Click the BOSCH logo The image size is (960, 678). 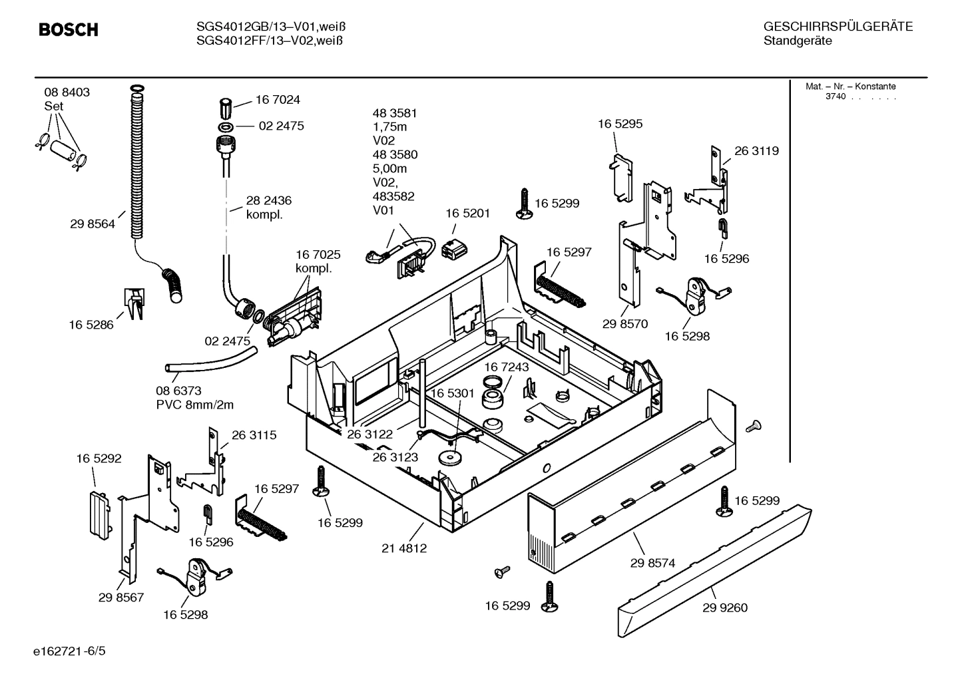[69, 30]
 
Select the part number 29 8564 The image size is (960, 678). [93, 224]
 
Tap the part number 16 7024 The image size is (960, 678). [278, 100]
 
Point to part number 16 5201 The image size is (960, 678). [467, 213]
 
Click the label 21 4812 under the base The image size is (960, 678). [404, 548]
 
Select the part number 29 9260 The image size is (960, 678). [725, 607]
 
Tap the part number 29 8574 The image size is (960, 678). [652, 563]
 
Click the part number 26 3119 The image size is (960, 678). [756, 151]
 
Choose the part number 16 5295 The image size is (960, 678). [620, 124]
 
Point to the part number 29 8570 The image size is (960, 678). [625, 324]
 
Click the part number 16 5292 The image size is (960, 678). [99, 458]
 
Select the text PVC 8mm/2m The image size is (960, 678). [195, 405]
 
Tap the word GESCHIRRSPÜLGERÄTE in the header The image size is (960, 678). [838, 27]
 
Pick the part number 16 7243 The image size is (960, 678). [506, 367]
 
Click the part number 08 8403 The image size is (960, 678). [67, 92]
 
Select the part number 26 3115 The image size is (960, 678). [254, 435]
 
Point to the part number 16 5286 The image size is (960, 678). [91, 325]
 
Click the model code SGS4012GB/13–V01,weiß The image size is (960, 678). [271, 27]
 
